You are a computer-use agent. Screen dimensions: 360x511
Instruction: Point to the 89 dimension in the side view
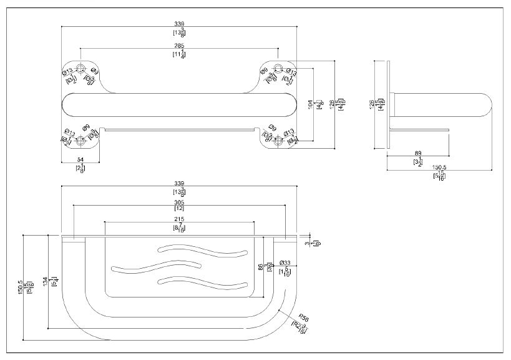[417, 153]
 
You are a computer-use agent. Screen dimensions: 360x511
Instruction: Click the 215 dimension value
[179, 219]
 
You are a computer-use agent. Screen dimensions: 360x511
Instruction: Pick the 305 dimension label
[179, 203]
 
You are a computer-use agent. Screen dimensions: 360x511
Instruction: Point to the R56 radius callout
[303, 318]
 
